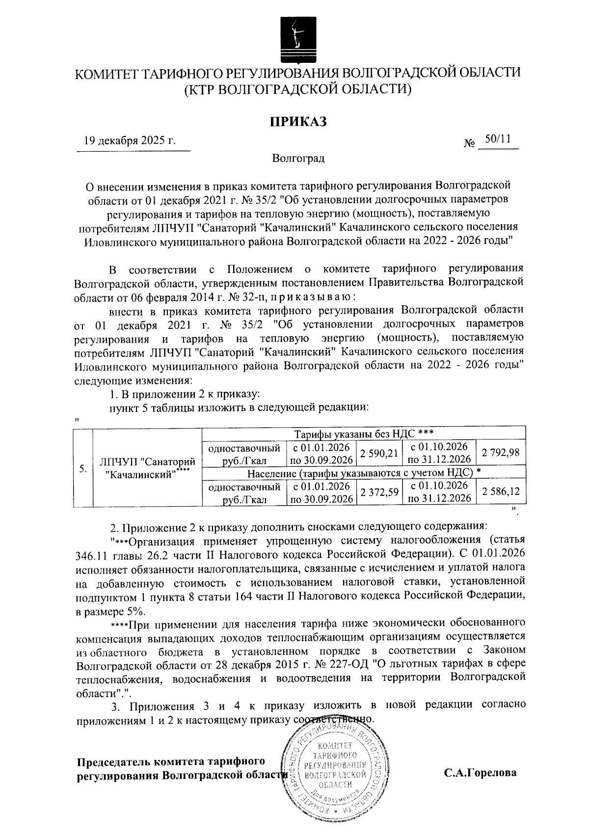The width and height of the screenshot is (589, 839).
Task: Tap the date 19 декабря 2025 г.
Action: point(130,141)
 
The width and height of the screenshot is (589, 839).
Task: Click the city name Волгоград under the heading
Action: point(297,159)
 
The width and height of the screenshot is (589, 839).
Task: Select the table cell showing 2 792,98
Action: point(500,453)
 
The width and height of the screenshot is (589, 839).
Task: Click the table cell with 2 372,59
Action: point(378,492)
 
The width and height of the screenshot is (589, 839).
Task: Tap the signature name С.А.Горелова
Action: point(480,773)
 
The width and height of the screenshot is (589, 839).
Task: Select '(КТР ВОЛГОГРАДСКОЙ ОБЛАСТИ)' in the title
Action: point(297,89)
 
